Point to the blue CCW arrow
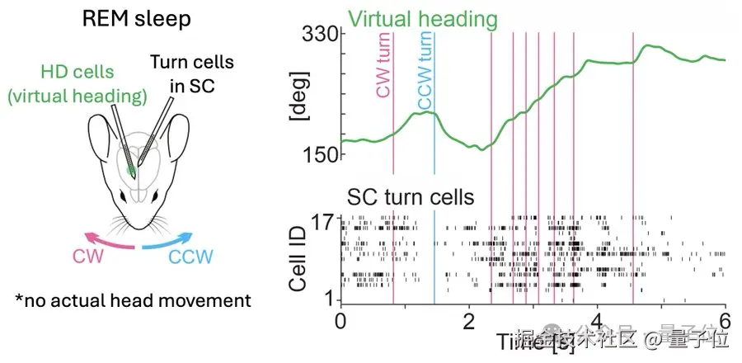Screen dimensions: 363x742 tap(176, 242)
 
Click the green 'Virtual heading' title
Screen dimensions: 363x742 tap(421, 18)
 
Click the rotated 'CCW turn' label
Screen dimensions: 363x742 tap(425, 71)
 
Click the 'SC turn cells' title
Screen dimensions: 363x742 tap(410, 197)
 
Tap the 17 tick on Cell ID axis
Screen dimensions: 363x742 tap(319, 221)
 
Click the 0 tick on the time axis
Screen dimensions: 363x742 tap(340, 320)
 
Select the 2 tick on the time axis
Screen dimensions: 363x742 tap(468, 320)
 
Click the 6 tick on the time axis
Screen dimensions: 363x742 tap(725, 320)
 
